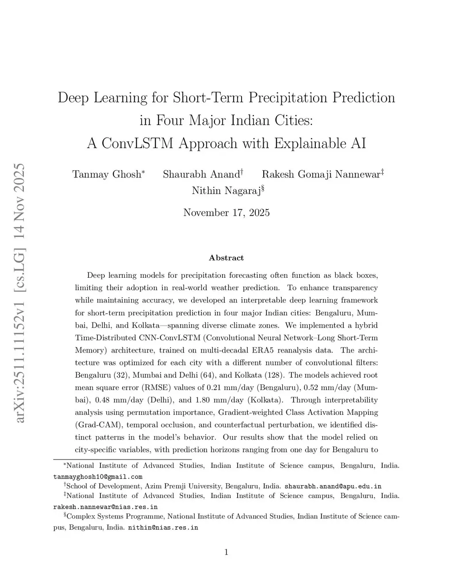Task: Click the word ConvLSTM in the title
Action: (x=137, y=143)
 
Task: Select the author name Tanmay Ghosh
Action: (x=107, y=174)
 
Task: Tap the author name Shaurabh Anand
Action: (x=201, y=174)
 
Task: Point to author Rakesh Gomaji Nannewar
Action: (x=321, y=174)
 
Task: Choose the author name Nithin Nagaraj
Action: (x=226, y=191)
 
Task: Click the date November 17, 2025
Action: (x=226, y=213)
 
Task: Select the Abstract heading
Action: (x=226, y=258)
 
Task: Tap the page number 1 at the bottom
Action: (x=226, y=552)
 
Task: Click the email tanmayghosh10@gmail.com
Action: (x=98, y=477)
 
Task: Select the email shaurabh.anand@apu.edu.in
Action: (x=333, y=486)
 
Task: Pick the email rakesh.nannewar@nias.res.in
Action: (x=105, y=507)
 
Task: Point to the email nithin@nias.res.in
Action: (x=163, y=528)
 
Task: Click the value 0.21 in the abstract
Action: (x=214, y=388)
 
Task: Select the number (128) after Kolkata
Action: (x=274, y=375)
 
